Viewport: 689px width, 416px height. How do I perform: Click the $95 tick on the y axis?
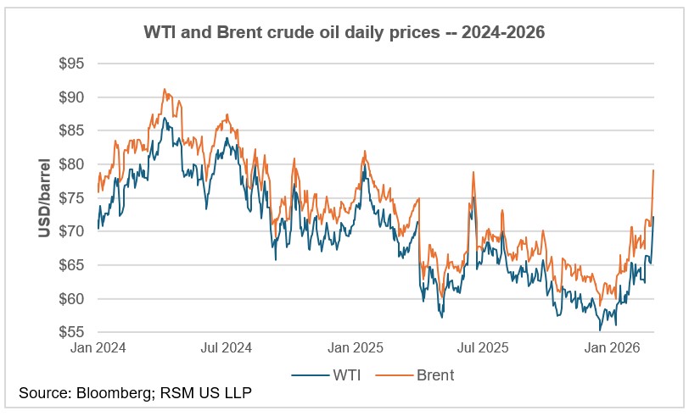click(73, 64)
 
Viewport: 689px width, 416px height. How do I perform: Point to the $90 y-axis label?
click(73, 97)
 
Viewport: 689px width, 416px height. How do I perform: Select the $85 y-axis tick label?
click(73, 130)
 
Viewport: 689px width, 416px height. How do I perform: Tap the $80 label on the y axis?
click(73, 164)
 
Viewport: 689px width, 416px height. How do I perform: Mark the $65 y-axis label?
click(73, 265)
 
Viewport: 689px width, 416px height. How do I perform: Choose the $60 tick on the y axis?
click(73, 298)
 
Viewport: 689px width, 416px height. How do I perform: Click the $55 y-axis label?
click(73, 332)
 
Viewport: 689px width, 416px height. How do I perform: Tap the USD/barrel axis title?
click(44, 197)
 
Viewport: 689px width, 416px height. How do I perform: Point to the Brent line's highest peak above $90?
click(165, 89)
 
